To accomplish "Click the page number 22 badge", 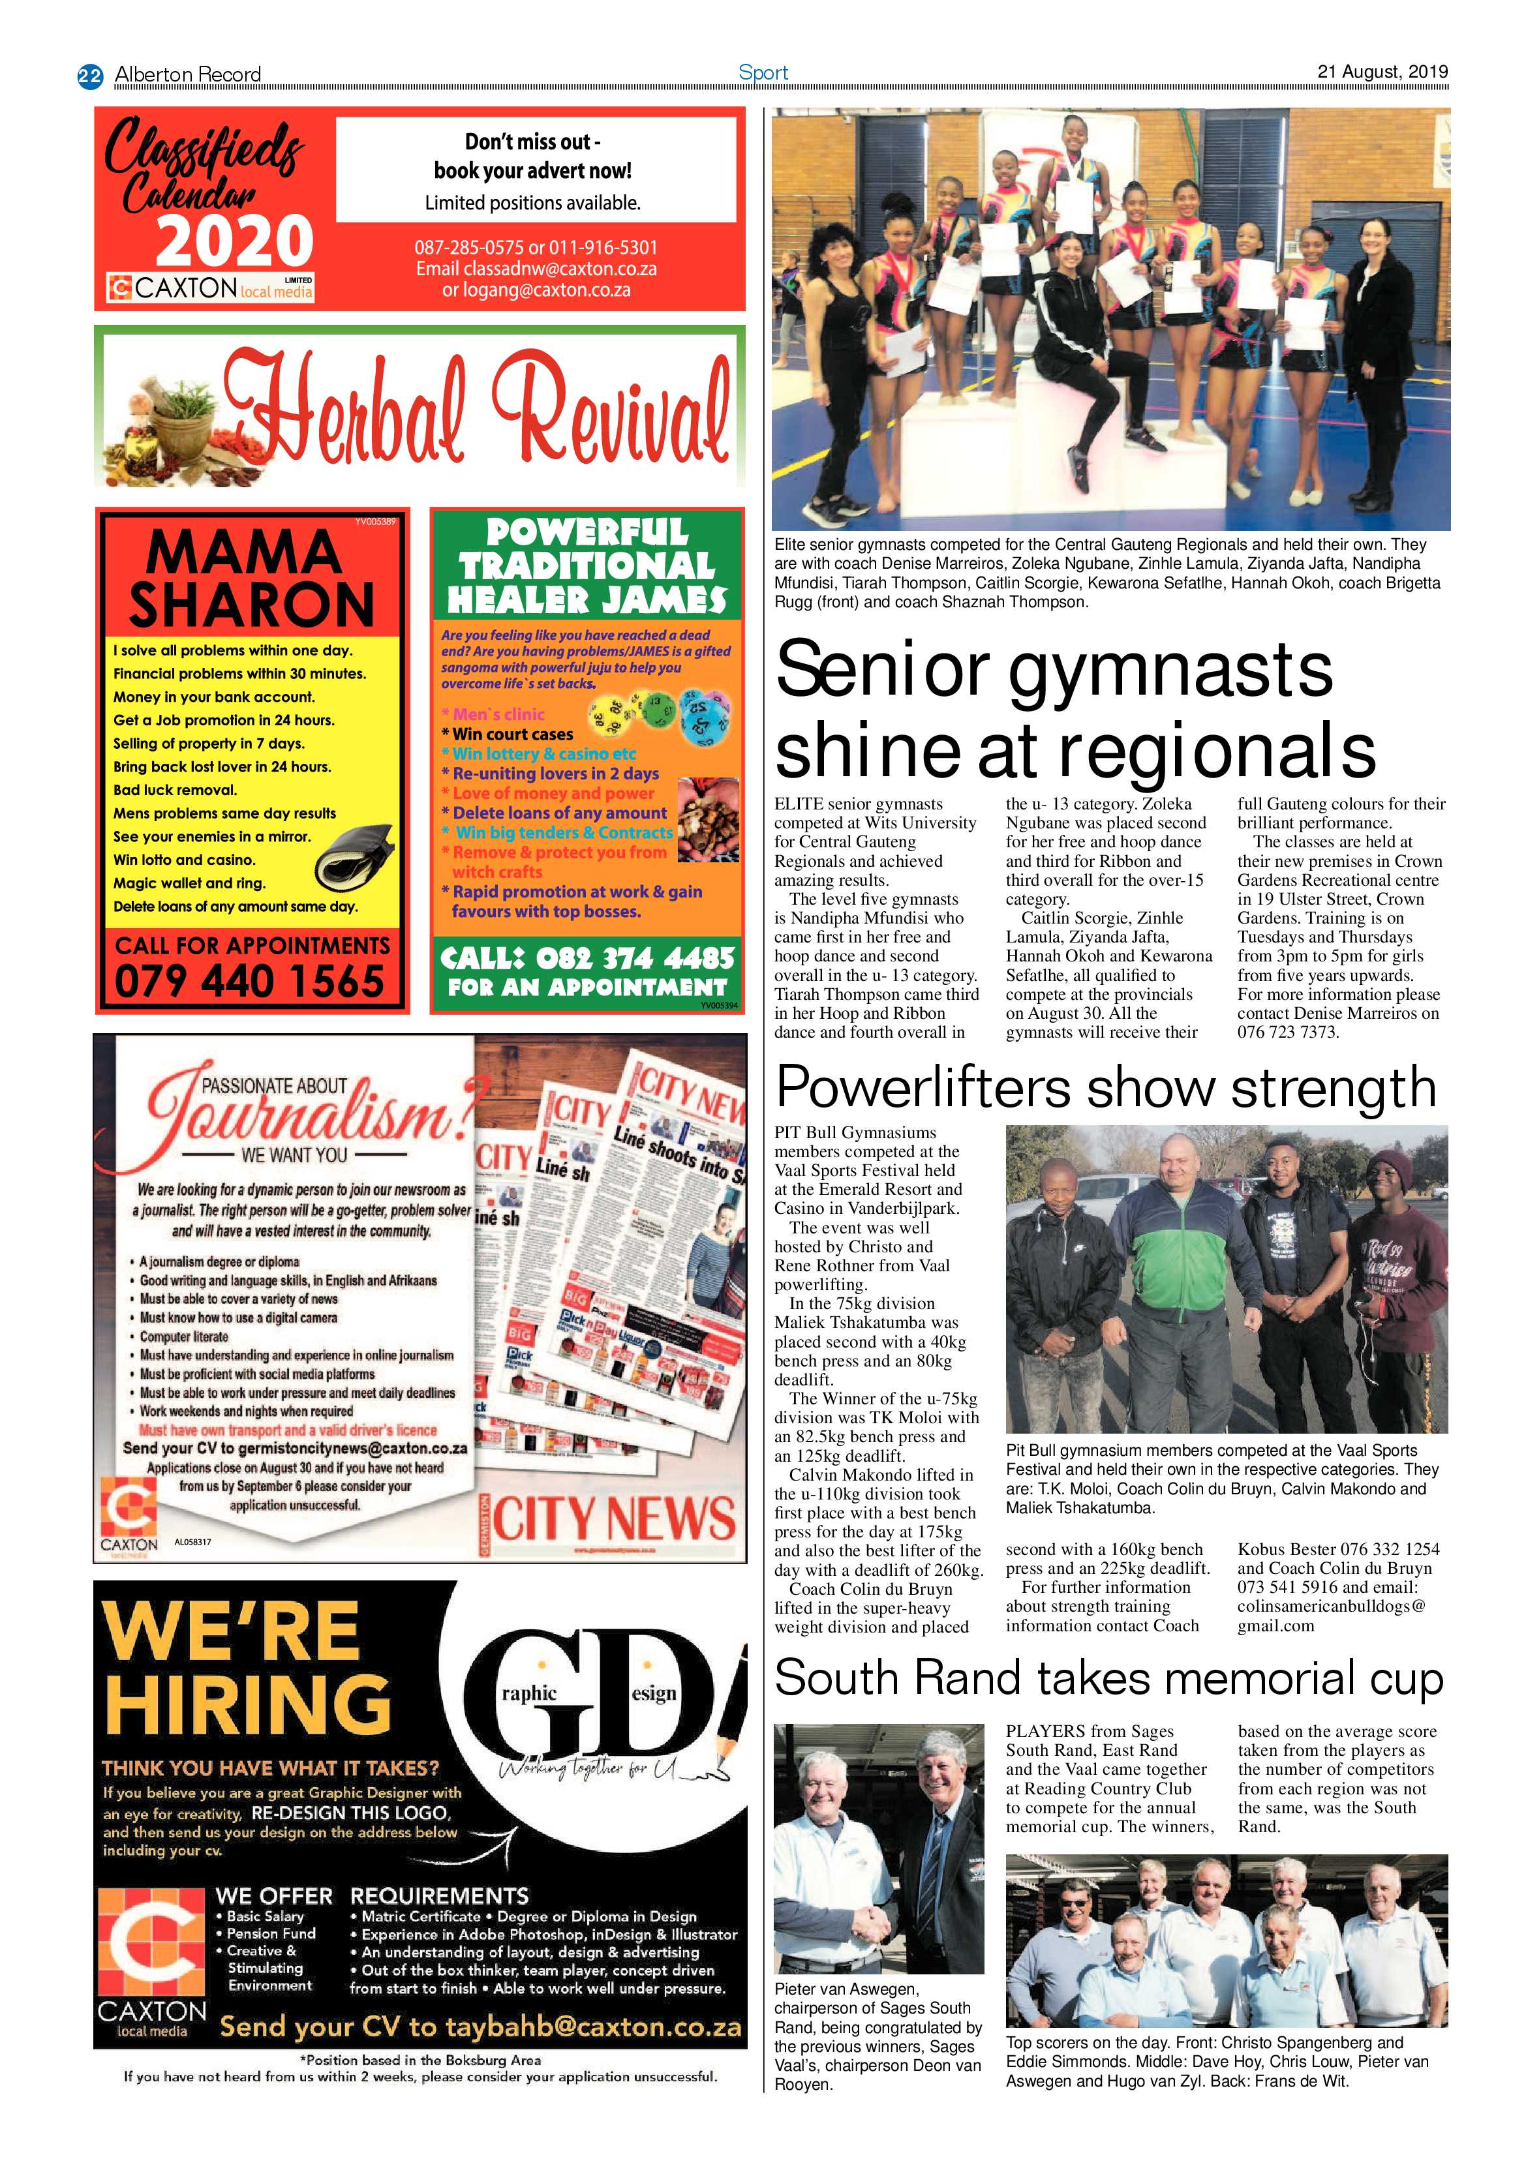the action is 90,75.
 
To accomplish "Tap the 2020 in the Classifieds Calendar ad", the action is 234,241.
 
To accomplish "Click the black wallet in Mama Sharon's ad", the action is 354,857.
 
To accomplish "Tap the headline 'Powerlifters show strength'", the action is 1106,1088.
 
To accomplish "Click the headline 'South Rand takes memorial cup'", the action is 1109,1678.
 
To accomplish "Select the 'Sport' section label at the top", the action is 763,72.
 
